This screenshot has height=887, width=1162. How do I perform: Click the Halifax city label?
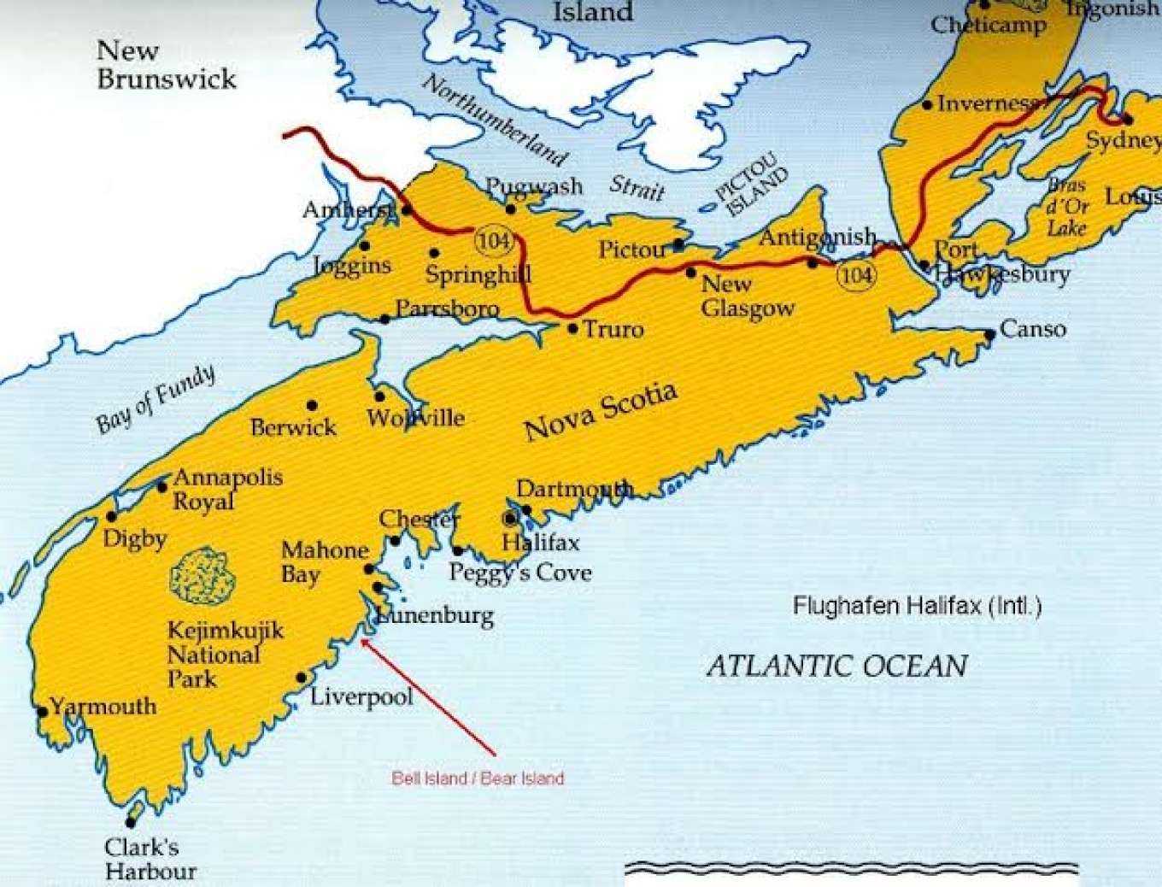(x=540, y=543)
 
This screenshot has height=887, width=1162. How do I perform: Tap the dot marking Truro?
(x=573, y=328)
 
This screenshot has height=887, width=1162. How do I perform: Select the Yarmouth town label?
(x=103, y=707)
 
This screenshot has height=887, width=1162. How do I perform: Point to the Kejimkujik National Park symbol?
(x=202, y=575)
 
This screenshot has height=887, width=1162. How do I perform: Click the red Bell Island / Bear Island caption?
(x=478, y=778)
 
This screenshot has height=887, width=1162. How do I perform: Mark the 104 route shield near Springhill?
(x=495, y=241)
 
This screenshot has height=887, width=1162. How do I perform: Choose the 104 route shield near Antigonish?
(x=855, y=274)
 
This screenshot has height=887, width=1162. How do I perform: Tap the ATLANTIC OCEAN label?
(x=837, y=666)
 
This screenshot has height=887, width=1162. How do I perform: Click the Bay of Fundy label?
(x=156, y=399)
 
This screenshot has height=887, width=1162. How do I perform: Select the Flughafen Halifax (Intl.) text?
(x=917, y=607)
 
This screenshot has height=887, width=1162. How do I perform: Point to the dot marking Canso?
(x=989, y=334)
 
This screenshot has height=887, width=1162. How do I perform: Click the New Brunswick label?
(x=166, y=65)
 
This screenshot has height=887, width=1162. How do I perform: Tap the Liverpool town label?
(x=361, y=696)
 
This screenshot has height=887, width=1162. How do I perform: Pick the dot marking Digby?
(x=111, y=516)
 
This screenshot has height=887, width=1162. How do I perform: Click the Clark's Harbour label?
(x=150, y=859)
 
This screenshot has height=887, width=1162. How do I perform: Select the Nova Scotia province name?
(x=602, y=411)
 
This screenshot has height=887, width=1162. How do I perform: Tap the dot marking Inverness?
(x=928, y=105)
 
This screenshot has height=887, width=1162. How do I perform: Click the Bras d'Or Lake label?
(x=1067, y=207)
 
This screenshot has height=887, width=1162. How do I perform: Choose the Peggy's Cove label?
(x=520, y=573)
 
